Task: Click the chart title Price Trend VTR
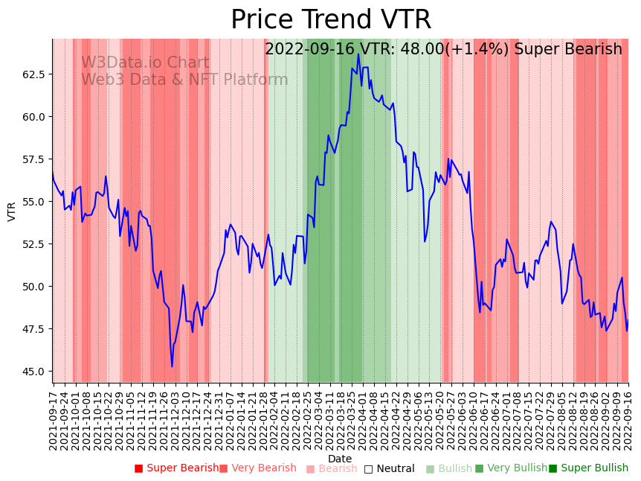click(331, 19)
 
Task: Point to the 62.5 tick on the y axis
click(33, 74)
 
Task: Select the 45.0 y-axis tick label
click(33, 372)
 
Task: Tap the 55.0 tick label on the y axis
click(33, 202)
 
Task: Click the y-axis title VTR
click(12, 211)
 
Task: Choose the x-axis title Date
click(340, 459)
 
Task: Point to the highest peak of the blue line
click(358, 54)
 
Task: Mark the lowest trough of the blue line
click(172, 366)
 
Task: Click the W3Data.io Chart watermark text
click(145, 63)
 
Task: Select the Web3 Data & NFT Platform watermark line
click(184, 80)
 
